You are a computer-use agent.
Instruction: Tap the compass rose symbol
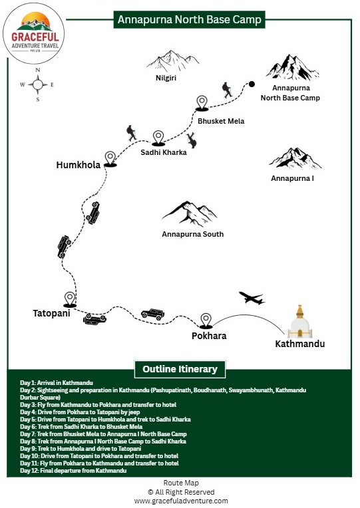coord(38,84)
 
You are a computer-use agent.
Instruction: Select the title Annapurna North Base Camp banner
coord(189,20)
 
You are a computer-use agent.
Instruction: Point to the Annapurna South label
coord(192,234)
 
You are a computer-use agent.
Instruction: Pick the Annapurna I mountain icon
coord(295,158)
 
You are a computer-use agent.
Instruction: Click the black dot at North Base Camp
coord(252,84)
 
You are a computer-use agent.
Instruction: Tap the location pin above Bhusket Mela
coord(202,102)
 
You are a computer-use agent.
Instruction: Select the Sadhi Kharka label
coord(163,152)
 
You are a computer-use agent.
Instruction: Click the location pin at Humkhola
coord(110,156)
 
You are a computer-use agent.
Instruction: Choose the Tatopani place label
coord(51,313)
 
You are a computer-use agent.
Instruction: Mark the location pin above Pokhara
coord(206,320)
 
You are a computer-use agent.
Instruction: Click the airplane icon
coord(251,298)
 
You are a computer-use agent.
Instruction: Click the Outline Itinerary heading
coord(180,368)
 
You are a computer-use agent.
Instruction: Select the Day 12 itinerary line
coord(73,471)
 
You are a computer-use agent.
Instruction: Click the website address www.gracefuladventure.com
coord(180,501)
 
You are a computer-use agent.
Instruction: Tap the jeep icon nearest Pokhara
coord(152,313)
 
